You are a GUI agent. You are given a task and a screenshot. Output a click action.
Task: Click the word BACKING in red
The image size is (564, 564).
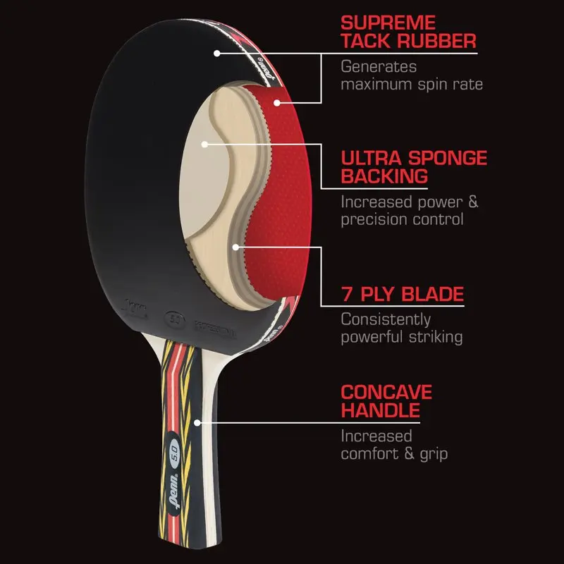click(x=385, y=176)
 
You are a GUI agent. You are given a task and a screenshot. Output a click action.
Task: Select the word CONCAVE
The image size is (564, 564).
click(x=386, y=391)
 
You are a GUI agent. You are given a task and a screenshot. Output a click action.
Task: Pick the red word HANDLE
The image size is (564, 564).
click(x=381, y=410)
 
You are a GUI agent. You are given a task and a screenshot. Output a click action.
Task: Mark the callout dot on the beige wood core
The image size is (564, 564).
click(x=204, y=144)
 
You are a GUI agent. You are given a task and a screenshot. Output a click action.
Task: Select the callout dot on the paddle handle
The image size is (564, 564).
click(x=199, y=423)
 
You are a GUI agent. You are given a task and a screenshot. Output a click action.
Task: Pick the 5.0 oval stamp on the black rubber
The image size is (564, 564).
click(x=176, y=317)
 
